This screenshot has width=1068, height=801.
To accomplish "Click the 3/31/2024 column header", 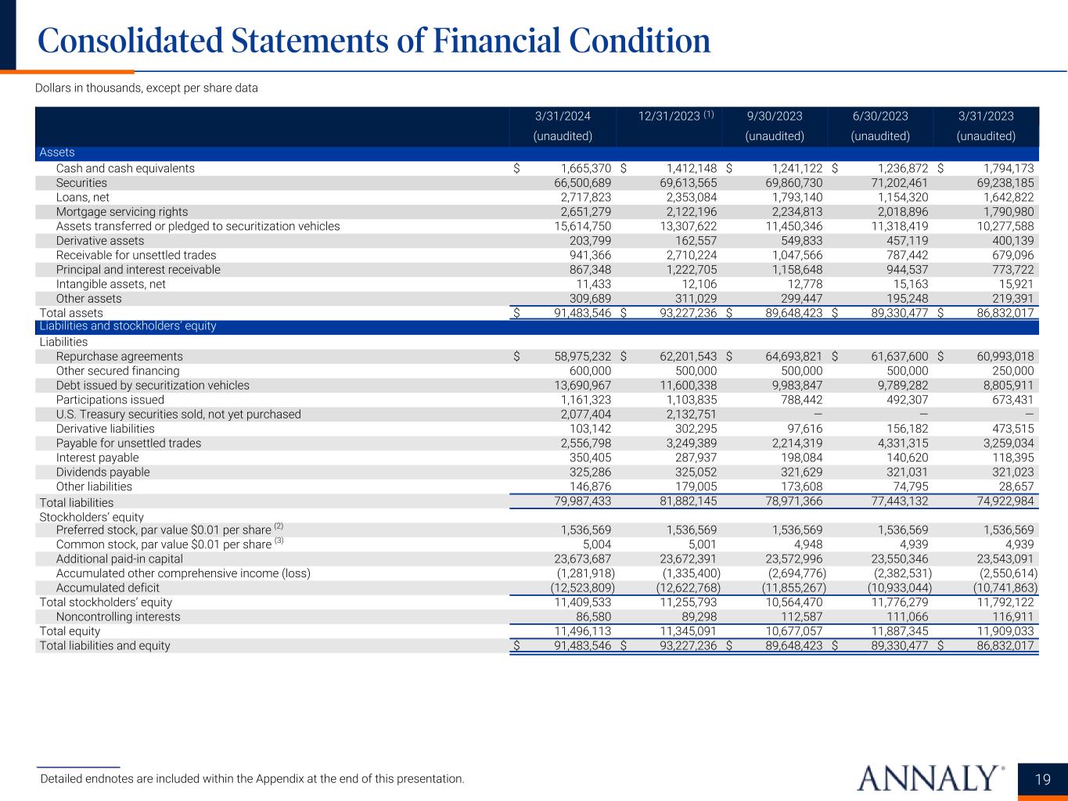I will (x=563, y=117).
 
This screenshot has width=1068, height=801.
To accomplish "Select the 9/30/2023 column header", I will (x=775, y=117).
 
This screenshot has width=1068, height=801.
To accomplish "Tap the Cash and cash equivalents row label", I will (x=125, y=168).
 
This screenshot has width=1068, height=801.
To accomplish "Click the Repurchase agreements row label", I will (x=119, y=356).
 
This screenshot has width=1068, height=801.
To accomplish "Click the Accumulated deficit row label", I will (x=107, y=587).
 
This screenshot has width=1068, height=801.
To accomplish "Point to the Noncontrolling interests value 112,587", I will (x=800, y=616).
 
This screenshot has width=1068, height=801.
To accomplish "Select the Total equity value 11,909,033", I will (x=1001, y=631).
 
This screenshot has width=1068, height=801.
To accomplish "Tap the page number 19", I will (x=1042, y=779).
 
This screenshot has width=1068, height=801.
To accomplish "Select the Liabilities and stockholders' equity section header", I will (x=128, y=326).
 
